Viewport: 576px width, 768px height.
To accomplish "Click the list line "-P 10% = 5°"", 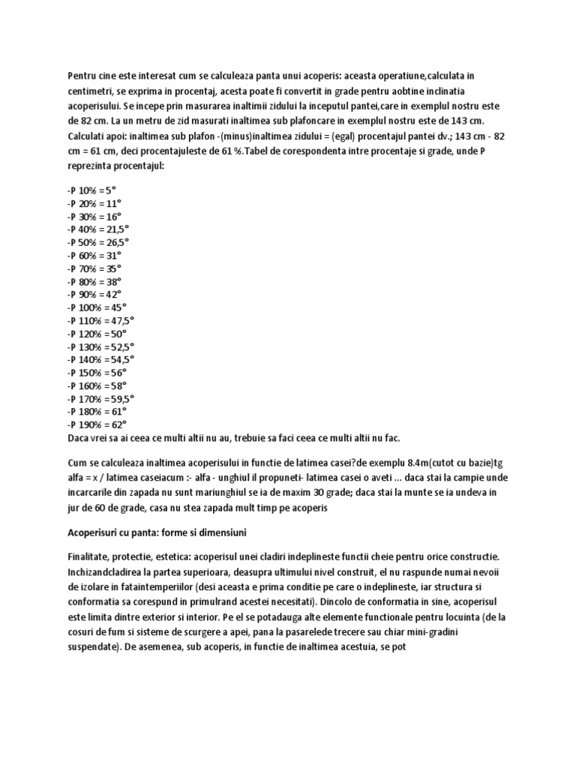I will point(92,190).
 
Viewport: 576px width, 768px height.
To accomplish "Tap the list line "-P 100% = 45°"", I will point(97,307).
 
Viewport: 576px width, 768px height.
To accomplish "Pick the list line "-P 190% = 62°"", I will point(97,424).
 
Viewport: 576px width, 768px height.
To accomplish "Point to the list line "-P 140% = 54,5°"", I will point(101,359).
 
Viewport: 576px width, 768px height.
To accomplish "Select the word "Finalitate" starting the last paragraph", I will point(88,559).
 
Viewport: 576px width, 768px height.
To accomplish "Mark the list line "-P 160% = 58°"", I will point(97,385).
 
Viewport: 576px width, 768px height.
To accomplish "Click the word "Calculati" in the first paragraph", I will point(88,139).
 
